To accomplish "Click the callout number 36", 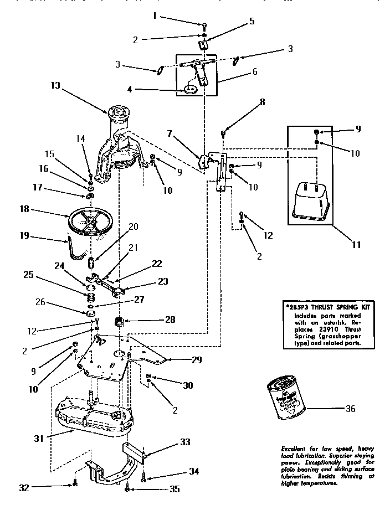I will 350,409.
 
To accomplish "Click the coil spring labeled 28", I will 119,321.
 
